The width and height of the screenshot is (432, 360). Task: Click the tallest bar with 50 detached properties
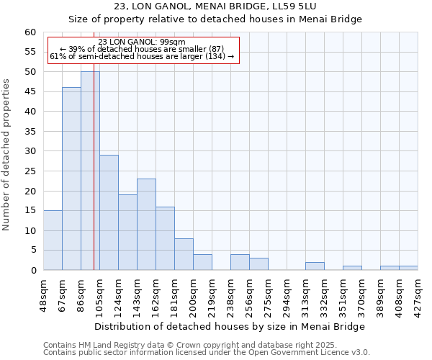coord(90,171)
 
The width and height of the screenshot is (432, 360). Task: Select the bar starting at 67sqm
coord(71,179)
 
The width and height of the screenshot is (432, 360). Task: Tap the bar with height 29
coord(109,212)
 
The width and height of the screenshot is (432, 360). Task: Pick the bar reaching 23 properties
coord(146,224)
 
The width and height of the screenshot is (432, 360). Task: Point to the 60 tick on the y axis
coord(30,32)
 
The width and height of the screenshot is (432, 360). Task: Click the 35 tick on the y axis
coord(30,132)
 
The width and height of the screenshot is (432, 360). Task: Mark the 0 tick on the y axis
coord(33,271)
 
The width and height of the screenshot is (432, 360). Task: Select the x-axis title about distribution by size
coord(230,327)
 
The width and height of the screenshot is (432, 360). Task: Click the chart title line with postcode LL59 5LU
coord(215,6)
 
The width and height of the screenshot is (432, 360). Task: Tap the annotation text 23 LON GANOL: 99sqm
coord(142,42)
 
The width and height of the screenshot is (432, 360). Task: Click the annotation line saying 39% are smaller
coord(142,49)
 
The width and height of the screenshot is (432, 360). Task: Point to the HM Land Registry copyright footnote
coord(205,345)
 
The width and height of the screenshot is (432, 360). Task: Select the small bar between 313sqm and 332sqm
coord(315,266)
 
